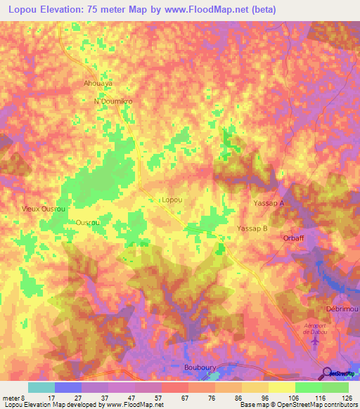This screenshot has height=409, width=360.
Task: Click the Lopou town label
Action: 172,200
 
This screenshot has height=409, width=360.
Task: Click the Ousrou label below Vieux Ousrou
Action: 88,222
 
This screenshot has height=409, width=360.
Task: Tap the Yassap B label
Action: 253,229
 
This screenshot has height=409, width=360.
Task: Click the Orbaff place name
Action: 294,238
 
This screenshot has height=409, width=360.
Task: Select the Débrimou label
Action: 342,309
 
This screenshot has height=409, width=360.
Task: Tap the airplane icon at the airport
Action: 314,341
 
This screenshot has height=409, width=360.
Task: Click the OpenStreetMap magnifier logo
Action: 327,373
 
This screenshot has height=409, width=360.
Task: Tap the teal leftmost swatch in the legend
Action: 41,387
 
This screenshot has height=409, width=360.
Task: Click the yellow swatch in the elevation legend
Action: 282,387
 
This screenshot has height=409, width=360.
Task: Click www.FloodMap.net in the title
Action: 209,10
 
